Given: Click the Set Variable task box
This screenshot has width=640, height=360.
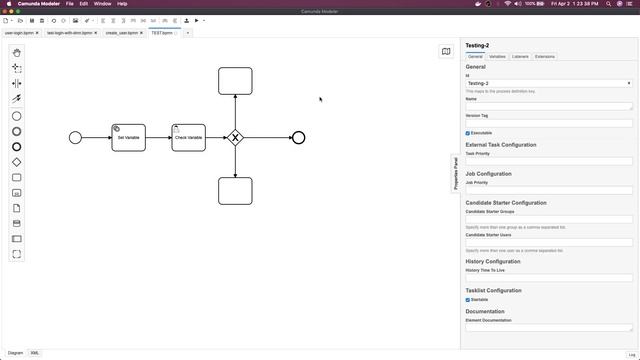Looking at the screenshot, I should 128,138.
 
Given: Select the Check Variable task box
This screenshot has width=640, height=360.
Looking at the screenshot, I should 188,138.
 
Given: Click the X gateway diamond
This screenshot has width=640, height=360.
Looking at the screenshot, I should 235,138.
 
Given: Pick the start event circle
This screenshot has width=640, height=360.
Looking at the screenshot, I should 75,137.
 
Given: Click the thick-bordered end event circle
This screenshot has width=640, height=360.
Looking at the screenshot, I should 298,137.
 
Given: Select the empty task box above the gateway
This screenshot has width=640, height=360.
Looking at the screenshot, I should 235,80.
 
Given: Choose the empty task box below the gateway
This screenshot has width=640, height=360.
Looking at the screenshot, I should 235,190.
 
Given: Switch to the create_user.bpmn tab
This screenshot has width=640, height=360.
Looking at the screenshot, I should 122,33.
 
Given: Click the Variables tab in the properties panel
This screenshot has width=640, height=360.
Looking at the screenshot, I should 497,57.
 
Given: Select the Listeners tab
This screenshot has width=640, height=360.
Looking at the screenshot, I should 520,57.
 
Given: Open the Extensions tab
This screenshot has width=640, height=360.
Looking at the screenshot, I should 545,57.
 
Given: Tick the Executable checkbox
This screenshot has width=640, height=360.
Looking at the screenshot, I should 468,133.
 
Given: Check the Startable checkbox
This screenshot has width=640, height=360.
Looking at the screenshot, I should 468,299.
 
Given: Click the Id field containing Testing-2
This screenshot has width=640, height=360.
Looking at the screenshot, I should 545,83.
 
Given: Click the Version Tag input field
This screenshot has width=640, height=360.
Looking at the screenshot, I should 549,123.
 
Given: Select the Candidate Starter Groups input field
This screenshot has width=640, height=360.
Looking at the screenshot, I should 549,219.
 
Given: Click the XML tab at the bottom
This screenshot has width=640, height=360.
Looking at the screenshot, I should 35,353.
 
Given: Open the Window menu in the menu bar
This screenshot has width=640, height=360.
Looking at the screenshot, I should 102,4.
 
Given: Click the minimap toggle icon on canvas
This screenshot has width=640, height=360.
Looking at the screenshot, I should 446,51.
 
